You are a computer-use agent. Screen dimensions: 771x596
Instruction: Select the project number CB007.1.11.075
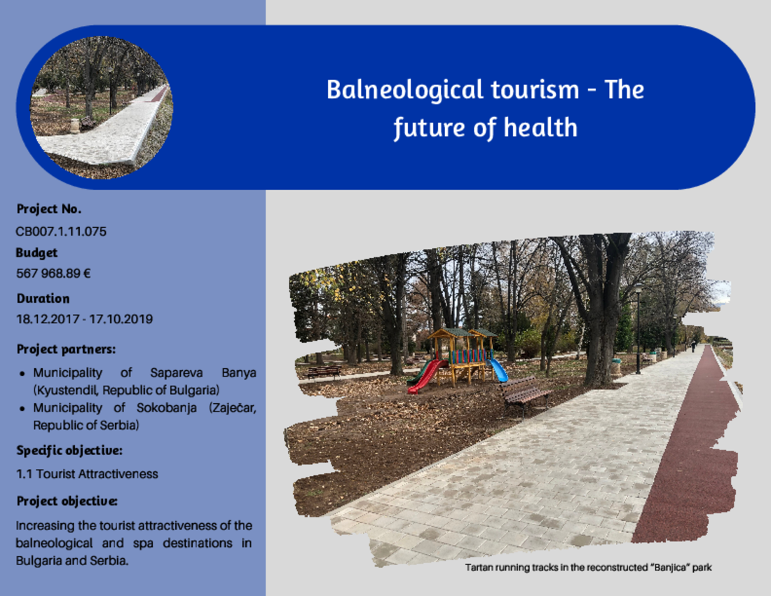tap(61, 231)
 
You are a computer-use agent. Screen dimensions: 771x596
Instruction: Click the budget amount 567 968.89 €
tap(53, 273)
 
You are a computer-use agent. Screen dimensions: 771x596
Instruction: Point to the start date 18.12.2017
tap(48, 319)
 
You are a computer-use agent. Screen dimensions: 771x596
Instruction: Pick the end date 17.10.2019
tap(121, 319)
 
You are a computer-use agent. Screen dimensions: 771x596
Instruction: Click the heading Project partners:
tap(66, 349)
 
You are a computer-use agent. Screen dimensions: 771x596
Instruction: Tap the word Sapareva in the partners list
tap(177, 373)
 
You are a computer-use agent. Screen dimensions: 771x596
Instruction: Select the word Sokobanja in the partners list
tap(167, 407)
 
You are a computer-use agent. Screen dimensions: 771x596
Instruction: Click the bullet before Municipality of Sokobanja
tap(22, 409)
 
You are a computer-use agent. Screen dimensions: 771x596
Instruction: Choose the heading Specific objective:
tap(69, 451)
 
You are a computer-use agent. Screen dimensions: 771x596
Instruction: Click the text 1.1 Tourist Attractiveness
tap(87, 474)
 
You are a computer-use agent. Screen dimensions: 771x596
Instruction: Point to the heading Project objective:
tap(67, 501)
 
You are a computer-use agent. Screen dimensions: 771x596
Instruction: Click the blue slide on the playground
tap(498, 370)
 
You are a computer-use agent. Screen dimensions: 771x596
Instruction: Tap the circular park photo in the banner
tap(102, 107)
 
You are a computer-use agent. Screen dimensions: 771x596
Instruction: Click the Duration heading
tap(43, 299)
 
